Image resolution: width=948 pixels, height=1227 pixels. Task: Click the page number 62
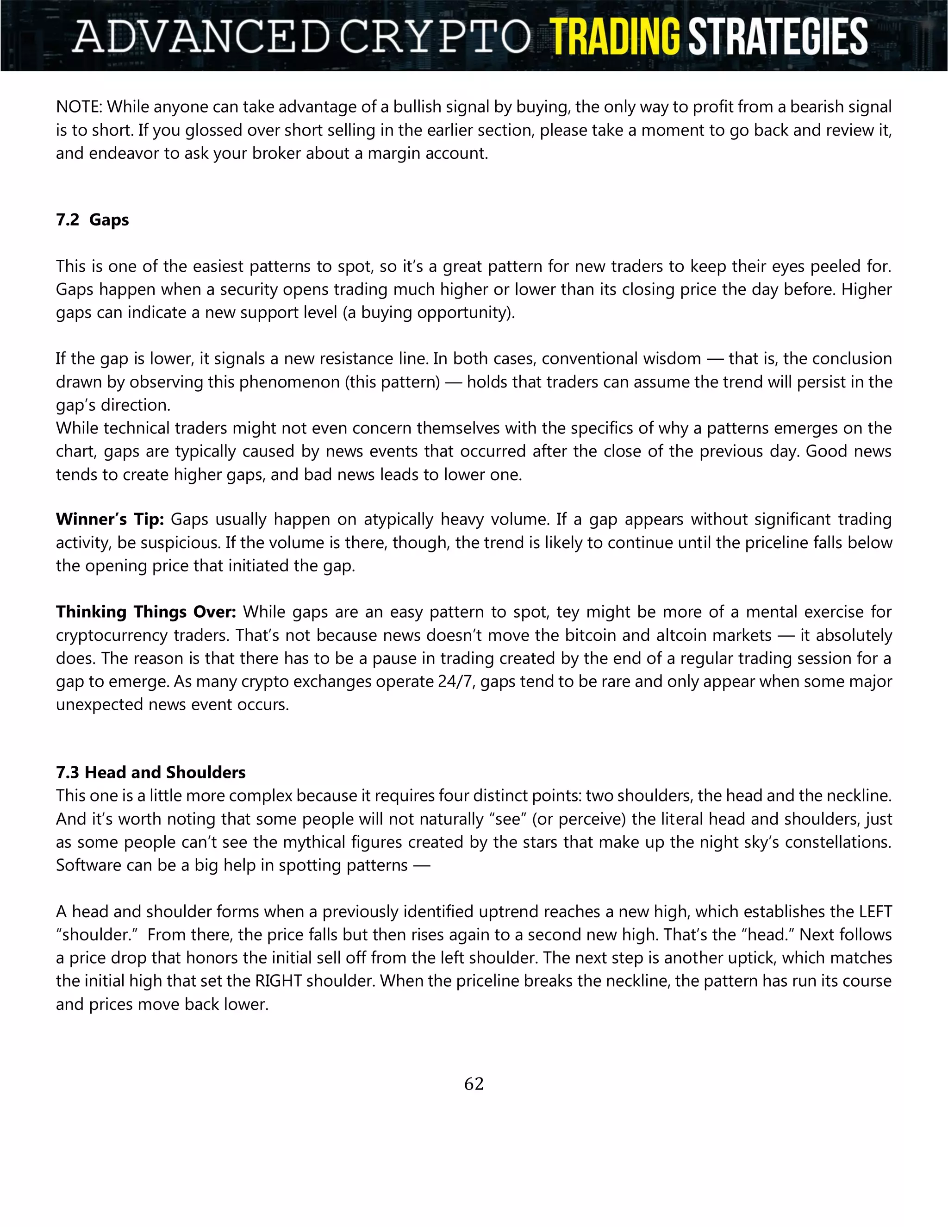[x=474, y=1083]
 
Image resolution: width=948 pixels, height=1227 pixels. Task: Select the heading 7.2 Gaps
[x=92, y=219]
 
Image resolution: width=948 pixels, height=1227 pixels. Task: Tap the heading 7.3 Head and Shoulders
[x=150, y=772]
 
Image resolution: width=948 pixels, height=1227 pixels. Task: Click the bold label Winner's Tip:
[x=110, y=519]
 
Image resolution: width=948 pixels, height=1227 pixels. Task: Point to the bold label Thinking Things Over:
[x=146, y=611]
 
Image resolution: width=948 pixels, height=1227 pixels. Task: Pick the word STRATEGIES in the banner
[x=778, y=37]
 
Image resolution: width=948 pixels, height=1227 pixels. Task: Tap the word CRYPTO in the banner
[x=435, y=37]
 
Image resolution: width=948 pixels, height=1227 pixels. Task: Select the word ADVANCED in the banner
[x=201, y=37]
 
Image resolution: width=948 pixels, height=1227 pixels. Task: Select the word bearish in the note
[x=816, y=107]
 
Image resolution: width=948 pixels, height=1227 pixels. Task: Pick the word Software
[x=87, y=865]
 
